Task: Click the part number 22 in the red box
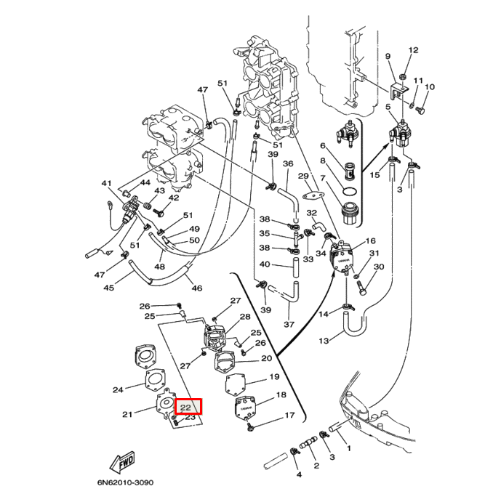pos(185,408)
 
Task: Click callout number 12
pos(414,51)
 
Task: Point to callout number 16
pos(370,241)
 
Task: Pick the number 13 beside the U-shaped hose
pos(324,341)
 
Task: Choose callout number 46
pos(196,288)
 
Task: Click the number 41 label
pos(106,183)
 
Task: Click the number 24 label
pos(119,389)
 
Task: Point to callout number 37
pos(288,324)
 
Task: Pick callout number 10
pos(430,87)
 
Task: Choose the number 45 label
pos(108,288)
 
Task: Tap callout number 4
pos(298,475)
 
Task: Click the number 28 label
pos(244,317)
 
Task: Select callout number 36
pos(288,164)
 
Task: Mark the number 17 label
pos(289,416)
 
